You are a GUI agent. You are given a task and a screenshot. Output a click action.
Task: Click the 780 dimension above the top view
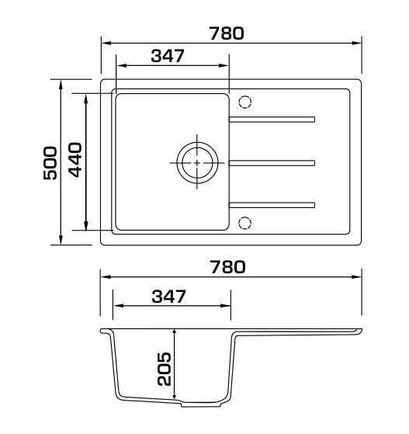pyautogui.click(x=227, y=33)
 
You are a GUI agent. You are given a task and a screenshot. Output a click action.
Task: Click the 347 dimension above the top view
pyautogui.click(x=168, y=56)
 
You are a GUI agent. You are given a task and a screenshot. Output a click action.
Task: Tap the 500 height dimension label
pyautogui.click(x=50, y=163)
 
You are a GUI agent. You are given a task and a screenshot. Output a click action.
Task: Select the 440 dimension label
pyautogui.click(x=75, y=160)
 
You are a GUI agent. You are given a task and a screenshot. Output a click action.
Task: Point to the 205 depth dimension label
pyautogui.click(x=164, y=369)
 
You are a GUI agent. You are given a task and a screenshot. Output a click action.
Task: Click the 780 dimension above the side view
pyautogui.click(x=227, y=267)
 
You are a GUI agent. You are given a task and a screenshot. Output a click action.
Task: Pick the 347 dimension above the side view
pyautogui.click(x=169, y=297)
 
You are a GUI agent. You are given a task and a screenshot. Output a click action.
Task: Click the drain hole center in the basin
pyautogui.click(x=197, y=163)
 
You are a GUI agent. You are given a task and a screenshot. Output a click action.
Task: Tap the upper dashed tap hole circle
pyautogui.click(x=245, y=102)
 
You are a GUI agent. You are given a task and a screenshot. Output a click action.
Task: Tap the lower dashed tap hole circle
pyautogui.click(x=245, y=223)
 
